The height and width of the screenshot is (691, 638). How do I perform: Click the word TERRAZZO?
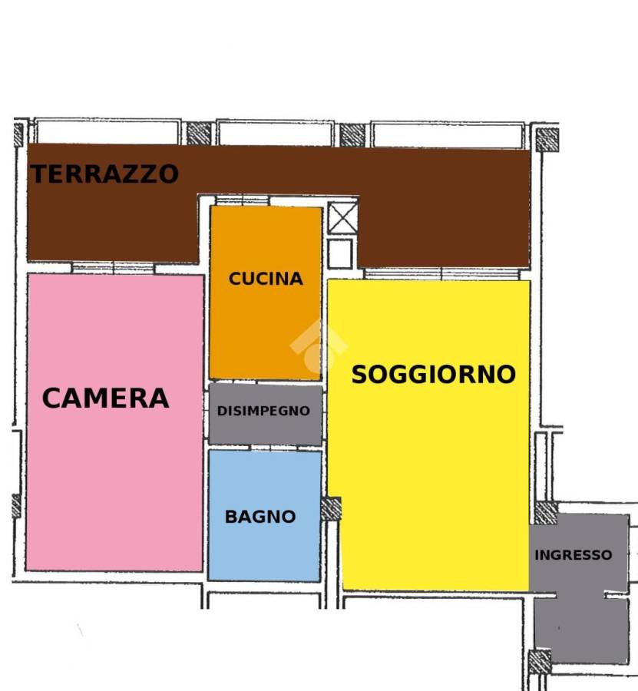click(x=104, y=174)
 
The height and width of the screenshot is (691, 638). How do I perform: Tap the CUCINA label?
click(x=266, y=279)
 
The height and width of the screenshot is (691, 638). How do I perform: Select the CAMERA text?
click(x=105, y=398)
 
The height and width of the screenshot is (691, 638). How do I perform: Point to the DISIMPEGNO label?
click(x=263, y=411)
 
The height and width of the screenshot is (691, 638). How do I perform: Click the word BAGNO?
click(x=260, y=517)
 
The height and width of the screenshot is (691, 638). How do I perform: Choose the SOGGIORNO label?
click(x=434, y=375)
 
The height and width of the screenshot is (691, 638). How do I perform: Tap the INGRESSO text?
click(x=574, y=555)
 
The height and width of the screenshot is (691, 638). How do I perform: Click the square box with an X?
click(x=342, y=217)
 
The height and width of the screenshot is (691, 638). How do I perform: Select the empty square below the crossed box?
click(x=340, y=254)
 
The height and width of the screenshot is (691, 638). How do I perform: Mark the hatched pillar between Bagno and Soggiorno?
click(x=331, y=509)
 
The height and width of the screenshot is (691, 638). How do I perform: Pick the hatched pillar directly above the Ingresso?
click(x=547, y=513)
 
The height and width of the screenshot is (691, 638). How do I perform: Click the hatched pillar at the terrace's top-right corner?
click(x=547, y=140)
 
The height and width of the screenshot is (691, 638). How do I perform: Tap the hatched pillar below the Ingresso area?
click(x=540, y=662)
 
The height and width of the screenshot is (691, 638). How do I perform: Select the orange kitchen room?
click(x=266, y=293)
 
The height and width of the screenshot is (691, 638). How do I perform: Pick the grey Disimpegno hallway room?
click(x=266, y=415)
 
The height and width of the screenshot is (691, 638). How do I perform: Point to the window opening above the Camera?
click(x=113, y=269)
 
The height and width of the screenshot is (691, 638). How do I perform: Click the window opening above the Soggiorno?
click(x=441, y=274)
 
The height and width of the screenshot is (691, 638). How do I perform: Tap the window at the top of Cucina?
click(x=243, y=201)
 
